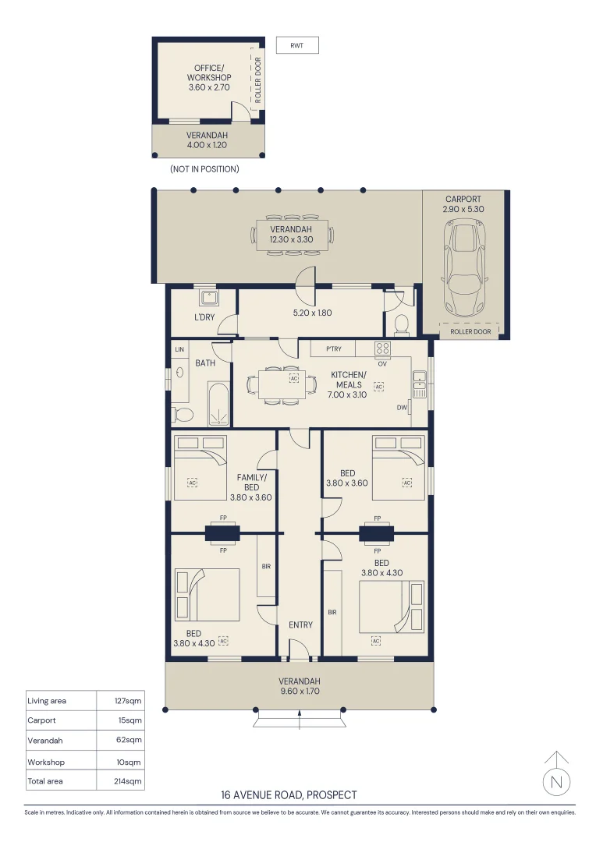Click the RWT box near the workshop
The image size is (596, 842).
[297, 46]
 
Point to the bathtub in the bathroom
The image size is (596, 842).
[218, 404]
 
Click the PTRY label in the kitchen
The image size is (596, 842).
[333, 348]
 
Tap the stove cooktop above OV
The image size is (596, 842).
[382, 348]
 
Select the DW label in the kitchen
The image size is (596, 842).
[402, 407]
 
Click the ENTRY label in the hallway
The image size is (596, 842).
[300, 624]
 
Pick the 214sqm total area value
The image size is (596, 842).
[129, 780]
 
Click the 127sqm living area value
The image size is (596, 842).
[129, 700]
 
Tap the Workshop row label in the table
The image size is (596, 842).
[46, 762]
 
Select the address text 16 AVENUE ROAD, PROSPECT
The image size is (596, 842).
[289, 795]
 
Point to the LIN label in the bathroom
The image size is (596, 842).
[179, 349]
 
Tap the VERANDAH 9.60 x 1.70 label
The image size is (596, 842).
[300, 685]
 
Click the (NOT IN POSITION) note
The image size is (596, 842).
[204, 169]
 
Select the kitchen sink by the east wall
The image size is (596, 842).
[419, 383]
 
